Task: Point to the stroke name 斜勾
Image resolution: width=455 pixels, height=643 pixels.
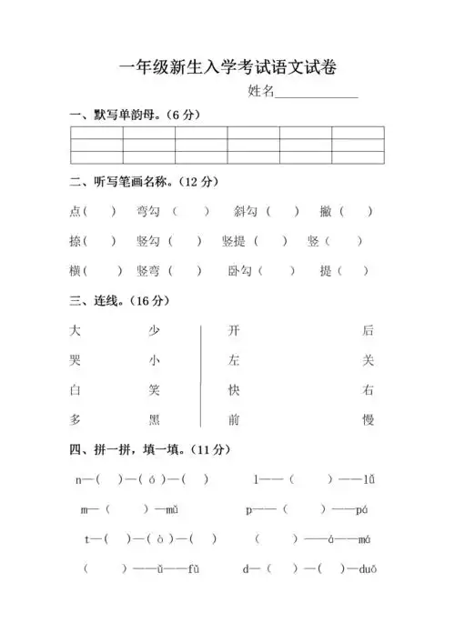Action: tap(245, 212)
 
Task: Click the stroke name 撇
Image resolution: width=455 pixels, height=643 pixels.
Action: tap(325, 212)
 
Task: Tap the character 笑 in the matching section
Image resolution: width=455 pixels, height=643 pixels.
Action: tap(155, 390)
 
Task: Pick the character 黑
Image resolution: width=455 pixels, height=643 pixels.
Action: tap(155, 419)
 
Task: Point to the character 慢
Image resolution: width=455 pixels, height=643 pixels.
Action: tap(368, 419)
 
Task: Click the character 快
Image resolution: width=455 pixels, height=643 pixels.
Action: tap(234, 390)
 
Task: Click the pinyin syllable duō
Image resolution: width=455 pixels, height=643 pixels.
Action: tap(368, 569)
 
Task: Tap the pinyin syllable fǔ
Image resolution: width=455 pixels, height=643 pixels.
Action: tap(193, 569)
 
